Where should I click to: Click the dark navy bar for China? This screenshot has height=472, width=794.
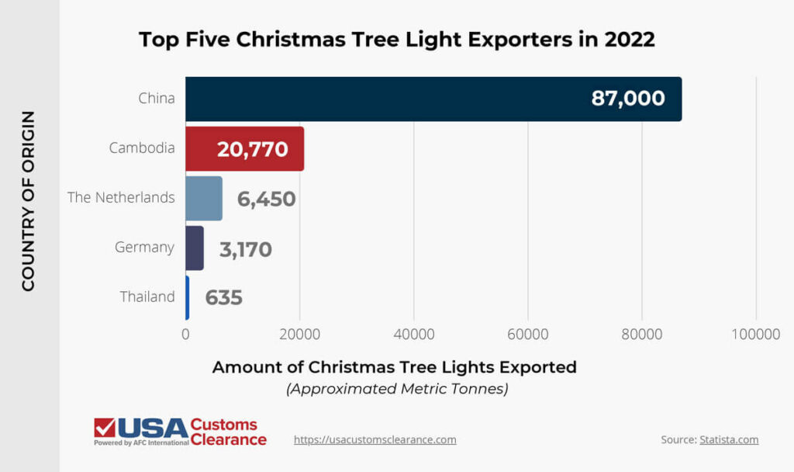pos(388,99)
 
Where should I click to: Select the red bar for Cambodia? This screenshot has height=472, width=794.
pos(202,149)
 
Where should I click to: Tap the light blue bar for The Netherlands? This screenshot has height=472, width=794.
pos(204,199)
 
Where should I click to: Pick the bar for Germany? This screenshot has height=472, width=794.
pos(195,248)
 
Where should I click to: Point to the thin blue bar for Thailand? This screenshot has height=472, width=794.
pos(187,297)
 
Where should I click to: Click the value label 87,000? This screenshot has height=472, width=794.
pos(627,99)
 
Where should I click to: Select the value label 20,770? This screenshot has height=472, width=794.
pos(253,149)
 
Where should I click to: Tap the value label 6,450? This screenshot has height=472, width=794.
pos(266,199)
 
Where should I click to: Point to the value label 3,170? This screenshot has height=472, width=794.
pos(245,248)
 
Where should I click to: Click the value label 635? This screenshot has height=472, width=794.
pos(223,297)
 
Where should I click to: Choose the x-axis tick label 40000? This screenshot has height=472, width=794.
pos(414,334)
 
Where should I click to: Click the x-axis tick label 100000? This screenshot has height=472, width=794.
pos(756,334)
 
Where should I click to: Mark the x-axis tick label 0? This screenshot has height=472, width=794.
pos(185,334)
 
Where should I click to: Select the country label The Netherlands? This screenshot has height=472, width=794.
pos(121,198)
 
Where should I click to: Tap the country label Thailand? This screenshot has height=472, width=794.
pos(147,297)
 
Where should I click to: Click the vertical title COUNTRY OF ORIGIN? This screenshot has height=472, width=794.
pos(28,200)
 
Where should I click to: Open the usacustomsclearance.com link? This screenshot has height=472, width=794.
pos(375,439)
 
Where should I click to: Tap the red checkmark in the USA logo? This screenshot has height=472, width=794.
pos(104,427)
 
